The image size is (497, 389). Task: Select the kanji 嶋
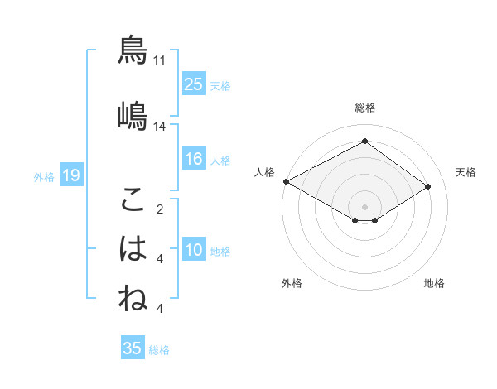(133, 114)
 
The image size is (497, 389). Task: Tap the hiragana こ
(133, 199)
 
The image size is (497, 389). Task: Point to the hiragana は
(133, 248)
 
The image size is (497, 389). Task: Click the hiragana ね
(133, 298)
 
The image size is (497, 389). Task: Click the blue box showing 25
(194, 84)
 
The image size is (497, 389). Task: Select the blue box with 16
(194, 159)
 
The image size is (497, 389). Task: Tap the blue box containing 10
(194, 250)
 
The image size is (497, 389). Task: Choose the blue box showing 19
(70, 175)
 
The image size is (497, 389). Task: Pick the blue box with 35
(133, 348)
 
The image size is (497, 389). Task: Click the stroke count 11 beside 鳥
(159, 60)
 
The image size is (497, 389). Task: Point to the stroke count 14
(159, 126)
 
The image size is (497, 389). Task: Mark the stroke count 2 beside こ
(159, 209)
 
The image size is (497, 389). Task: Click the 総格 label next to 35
(159, 350)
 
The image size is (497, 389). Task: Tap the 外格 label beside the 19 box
(43, 176)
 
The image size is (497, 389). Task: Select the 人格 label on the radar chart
(265, 172)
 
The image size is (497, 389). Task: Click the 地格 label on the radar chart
(434, 283)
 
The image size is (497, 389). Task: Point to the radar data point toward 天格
(428, 186)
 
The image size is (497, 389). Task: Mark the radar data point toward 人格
(286, 181)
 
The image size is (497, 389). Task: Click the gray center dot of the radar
(364, 205)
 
